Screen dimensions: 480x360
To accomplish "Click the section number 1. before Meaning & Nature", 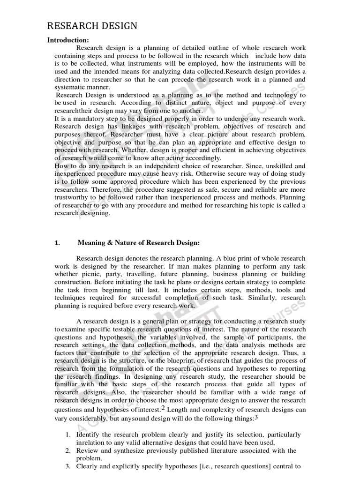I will click(x=58, y=242).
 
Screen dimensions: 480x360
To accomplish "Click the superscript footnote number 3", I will click(x=256, y=417).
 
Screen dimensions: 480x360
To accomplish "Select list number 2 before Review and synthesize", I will click(x=67, y=451).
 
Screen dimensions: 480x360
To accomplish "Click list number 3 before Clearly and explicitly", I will click(x=67, y=466).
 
